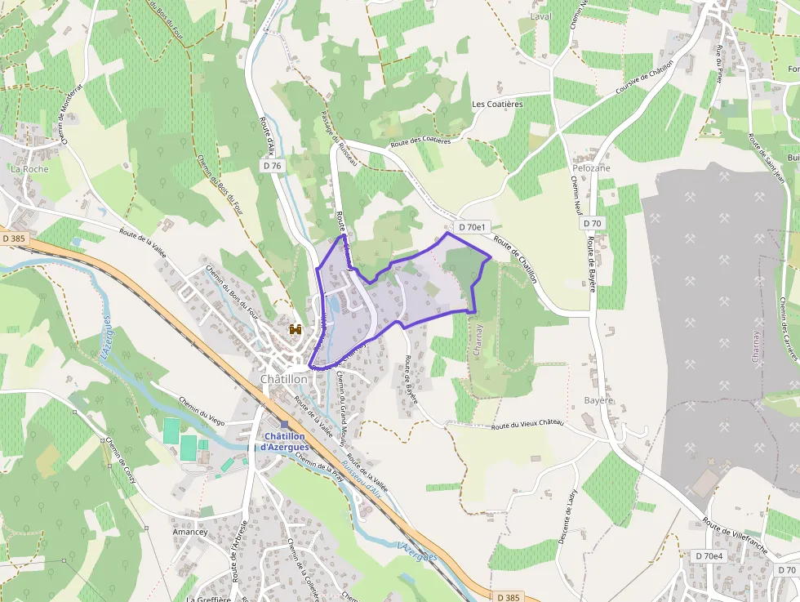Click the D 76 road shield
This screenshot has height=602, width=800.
click(x=273, y=165)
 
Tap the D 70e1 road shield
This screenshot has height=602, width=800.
click(x=473, y=227)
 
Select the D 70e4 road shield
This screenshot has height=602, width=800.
click(x=709, y=555)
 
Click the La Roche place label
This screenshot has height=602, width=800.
click(x=29, y=169)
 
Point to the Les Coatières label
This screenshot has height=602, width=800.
click(x=496, y=104)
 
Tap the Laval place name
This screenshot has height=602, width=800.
click(x=540, y=16)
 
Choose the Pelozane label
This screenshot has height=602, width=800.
click(x=591, y=168)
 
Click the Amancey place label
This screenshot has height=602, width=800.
click(x=189, y=532)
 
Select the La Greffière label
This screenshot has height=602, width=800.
click(x=209, y=599)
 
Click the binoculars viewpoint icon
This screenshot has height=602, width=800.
click(x=296, y=329)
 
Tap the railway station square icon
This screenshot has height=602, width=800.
click(x=284, y=424)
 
